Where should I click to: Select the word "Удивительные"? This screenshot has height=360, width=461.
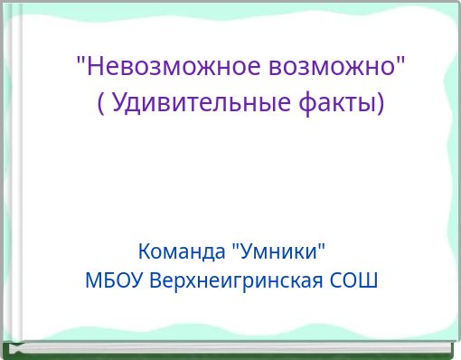[200, 104]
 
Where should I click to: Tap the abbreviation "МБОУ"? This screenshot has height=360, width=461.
[114, 279]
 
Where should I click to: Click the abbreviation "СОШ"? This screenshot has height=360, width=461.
[353, 279]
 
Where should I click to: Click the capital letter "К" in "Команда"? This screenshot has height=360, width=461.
[144, 250]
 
